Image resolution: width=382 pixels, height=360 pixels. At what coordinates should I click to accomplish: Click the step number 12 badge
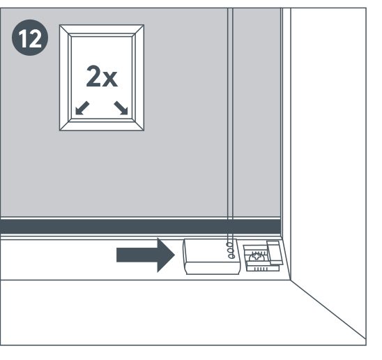[x=30, y=38]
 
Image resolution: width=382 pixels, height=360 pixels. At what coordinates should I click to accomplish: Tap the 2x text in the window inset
[x=102, y=76]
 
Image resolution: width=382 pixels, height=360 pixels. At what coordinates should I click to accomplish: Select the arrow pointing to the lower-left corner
[x=82, y=108]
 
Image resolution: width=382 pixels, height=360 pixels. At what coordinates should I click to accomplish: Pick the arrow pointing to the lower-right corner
[x=121, y=108]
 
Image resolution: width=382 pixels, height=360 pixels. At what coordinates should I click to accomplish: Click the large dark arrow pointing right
[x=146, y=255]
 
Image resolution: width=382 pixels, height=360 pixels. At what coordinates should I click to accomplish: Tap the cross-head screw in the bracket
[x=256, y=257]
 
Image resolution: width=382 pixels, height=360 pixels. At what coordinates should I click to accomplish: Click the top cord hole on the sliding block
[x=229, y=245]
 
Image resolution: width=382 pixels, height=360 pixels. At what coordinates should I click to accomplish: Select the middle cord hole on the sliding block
[x=230, y=250]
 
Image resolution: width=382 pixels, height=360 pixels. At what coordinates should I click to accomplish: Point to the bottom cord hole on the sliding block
[x=231, y=256]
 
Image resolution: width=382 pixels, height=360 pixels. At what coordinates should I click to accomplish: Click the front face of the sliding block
[x=212, y=269]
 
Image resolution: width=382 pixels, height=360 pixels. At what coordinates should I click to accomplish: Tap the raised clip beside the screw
[x=275, y=253]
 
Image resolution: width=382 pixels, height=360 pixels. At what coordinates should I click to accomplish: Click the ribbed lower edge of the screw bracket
[x=262, y=269]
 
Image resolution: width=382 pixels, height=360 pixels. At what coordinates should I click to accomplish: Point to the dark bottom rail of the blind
[x=140, y=227]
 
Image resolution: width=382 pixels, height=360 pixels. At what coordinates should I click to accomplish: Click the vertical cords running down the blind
[x=230, y=122]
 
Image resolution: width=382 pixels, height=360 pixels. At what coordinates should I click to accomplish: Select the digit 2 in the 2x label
[x=93, y=76]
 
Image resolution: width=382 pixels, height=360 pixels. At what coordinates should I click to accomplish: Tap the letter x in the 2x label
[x=110, y=80]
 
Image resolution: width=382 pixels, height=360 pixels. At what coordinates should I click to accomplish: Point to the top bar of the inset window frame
[x=102, y=29]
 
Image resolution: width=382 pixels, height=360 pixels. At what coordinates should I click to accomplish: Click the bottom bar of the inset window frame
[x=102, y=126]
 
